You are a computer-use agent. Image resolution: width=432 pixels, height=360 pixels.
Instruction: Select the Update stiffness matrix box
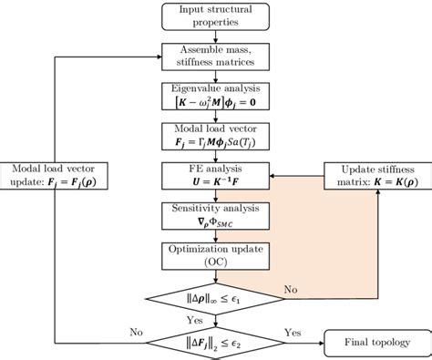[x=369, y=176]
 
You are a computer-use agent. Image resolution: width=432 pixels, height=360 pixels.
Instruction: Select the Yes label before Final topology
[x=293, y=332]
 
